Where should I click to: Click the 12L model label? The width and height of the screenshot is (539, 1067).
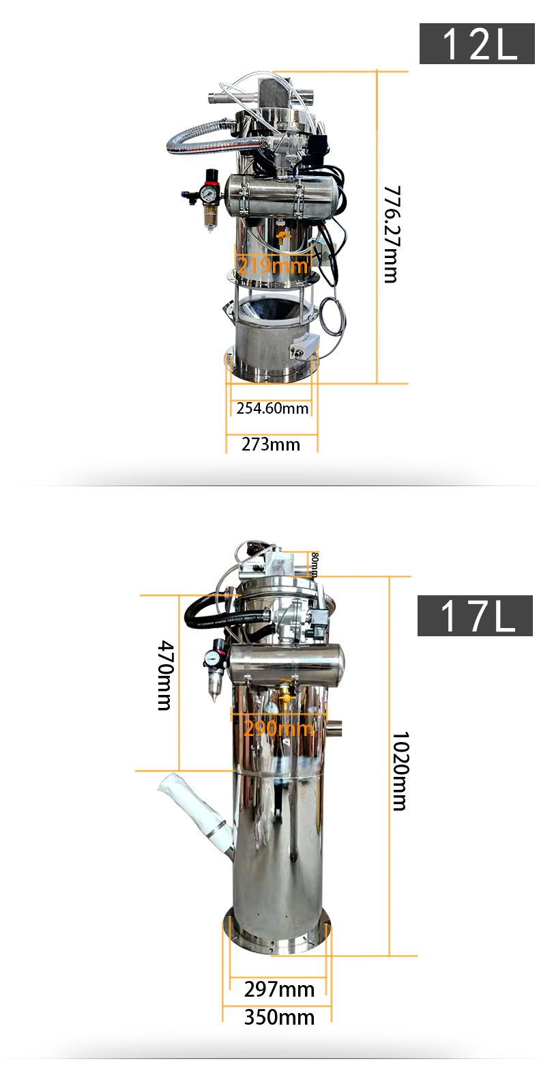click(477, 43)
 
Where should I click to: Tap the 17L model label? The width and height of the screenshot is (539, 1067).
click(475, 616)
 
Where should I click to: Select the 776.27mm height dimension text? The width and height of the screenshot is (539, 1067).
click(392, 234)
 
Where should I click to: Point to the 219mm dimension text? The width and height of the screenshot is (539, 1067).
click(272, 265)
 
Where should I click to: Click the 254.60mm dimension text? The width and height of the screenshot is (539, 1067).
click(272, 408)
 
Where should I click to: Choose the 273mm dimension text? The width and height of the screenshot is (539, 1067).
click(271, 444)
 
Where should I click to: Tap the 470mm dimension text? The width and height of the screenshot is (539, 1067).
click(165, 675)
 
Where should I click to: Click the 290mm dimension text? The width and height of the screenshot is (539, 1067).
click(278, 729)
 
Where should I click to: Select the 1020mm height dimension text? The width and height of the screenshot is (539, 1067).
click(400, 771)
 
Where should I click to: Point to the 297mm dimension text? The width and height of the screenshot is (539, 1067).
click(279, 989)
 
